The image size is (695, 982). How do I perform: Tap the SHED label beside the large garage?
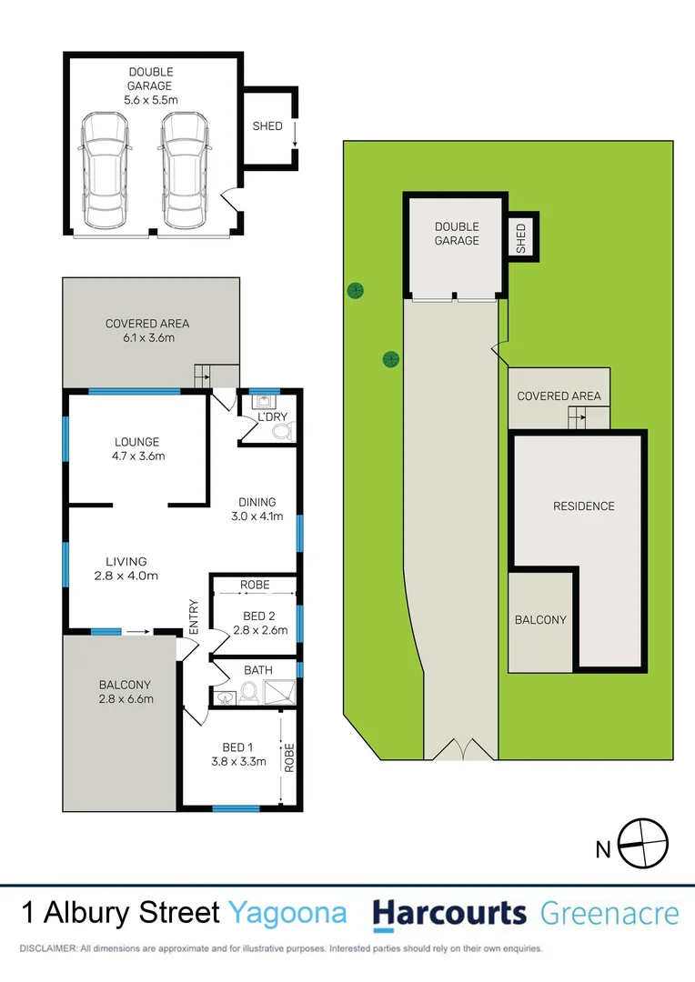pyautogui.click(x=267, y=126)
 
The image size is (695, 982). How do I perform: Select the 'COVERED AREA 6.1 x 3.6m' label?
pyautogui.click(x=147, y=331)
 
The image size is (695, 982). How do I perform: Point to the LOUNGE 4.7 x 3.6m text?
pyautogui.click(x=137, y=449)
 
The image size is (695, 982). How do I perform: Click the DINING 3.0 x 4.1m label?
pyautogui.click(x=257, y=509)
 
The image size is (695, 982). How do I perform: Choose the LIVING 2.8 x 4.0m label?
pyautogui.click(x=126, y=568)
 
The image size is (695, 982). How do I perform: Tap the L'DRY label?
pyautogui.click(x=272, y=416)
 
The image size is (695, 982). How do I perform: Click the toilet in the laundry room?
pyautogui.click(x=281, y=431)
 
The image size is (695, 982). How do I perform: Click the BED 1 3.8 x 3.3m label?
pyautogui.click(x=236, y=755)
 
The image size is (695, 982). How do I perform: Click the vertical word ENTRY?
pyautogui.click(x=193, y=616)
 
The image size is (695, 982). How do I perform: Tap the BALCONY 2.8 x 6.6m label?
pyautogui.click(x=126, y=692)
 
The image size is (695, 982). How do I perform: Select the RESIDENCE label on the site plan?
pyautogui.click(x=584, y=506)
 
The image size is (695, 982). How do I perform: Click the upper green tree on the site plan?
pyautogui.click(x=355, y=291)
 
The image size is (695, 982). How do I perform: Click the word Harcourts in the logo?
pyautogui.click(x=449, y=913)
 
